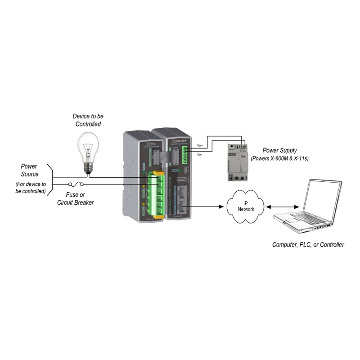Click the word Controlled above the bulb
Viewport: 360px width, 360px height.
pyautogui.click(x=88, y=124)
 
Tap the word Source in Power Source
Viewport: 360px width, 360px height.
pyautogui.click(x=29, y=175)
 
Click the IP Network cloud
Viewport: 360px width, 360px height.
pyautogui.click(x=246, y=206)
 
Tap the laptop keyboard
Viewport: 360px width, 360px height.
pyautogui.click(x=301, y=220)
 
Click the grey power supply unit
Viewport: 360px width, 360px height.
pyautogui.click(x=237, y=161)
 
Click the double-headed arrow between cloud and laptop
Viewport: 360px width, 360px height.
pyautogui.click(x=283, y=207)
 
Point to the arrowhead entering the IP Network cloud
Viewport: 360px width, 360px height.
pyautogui.click(x=222, y=207)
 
